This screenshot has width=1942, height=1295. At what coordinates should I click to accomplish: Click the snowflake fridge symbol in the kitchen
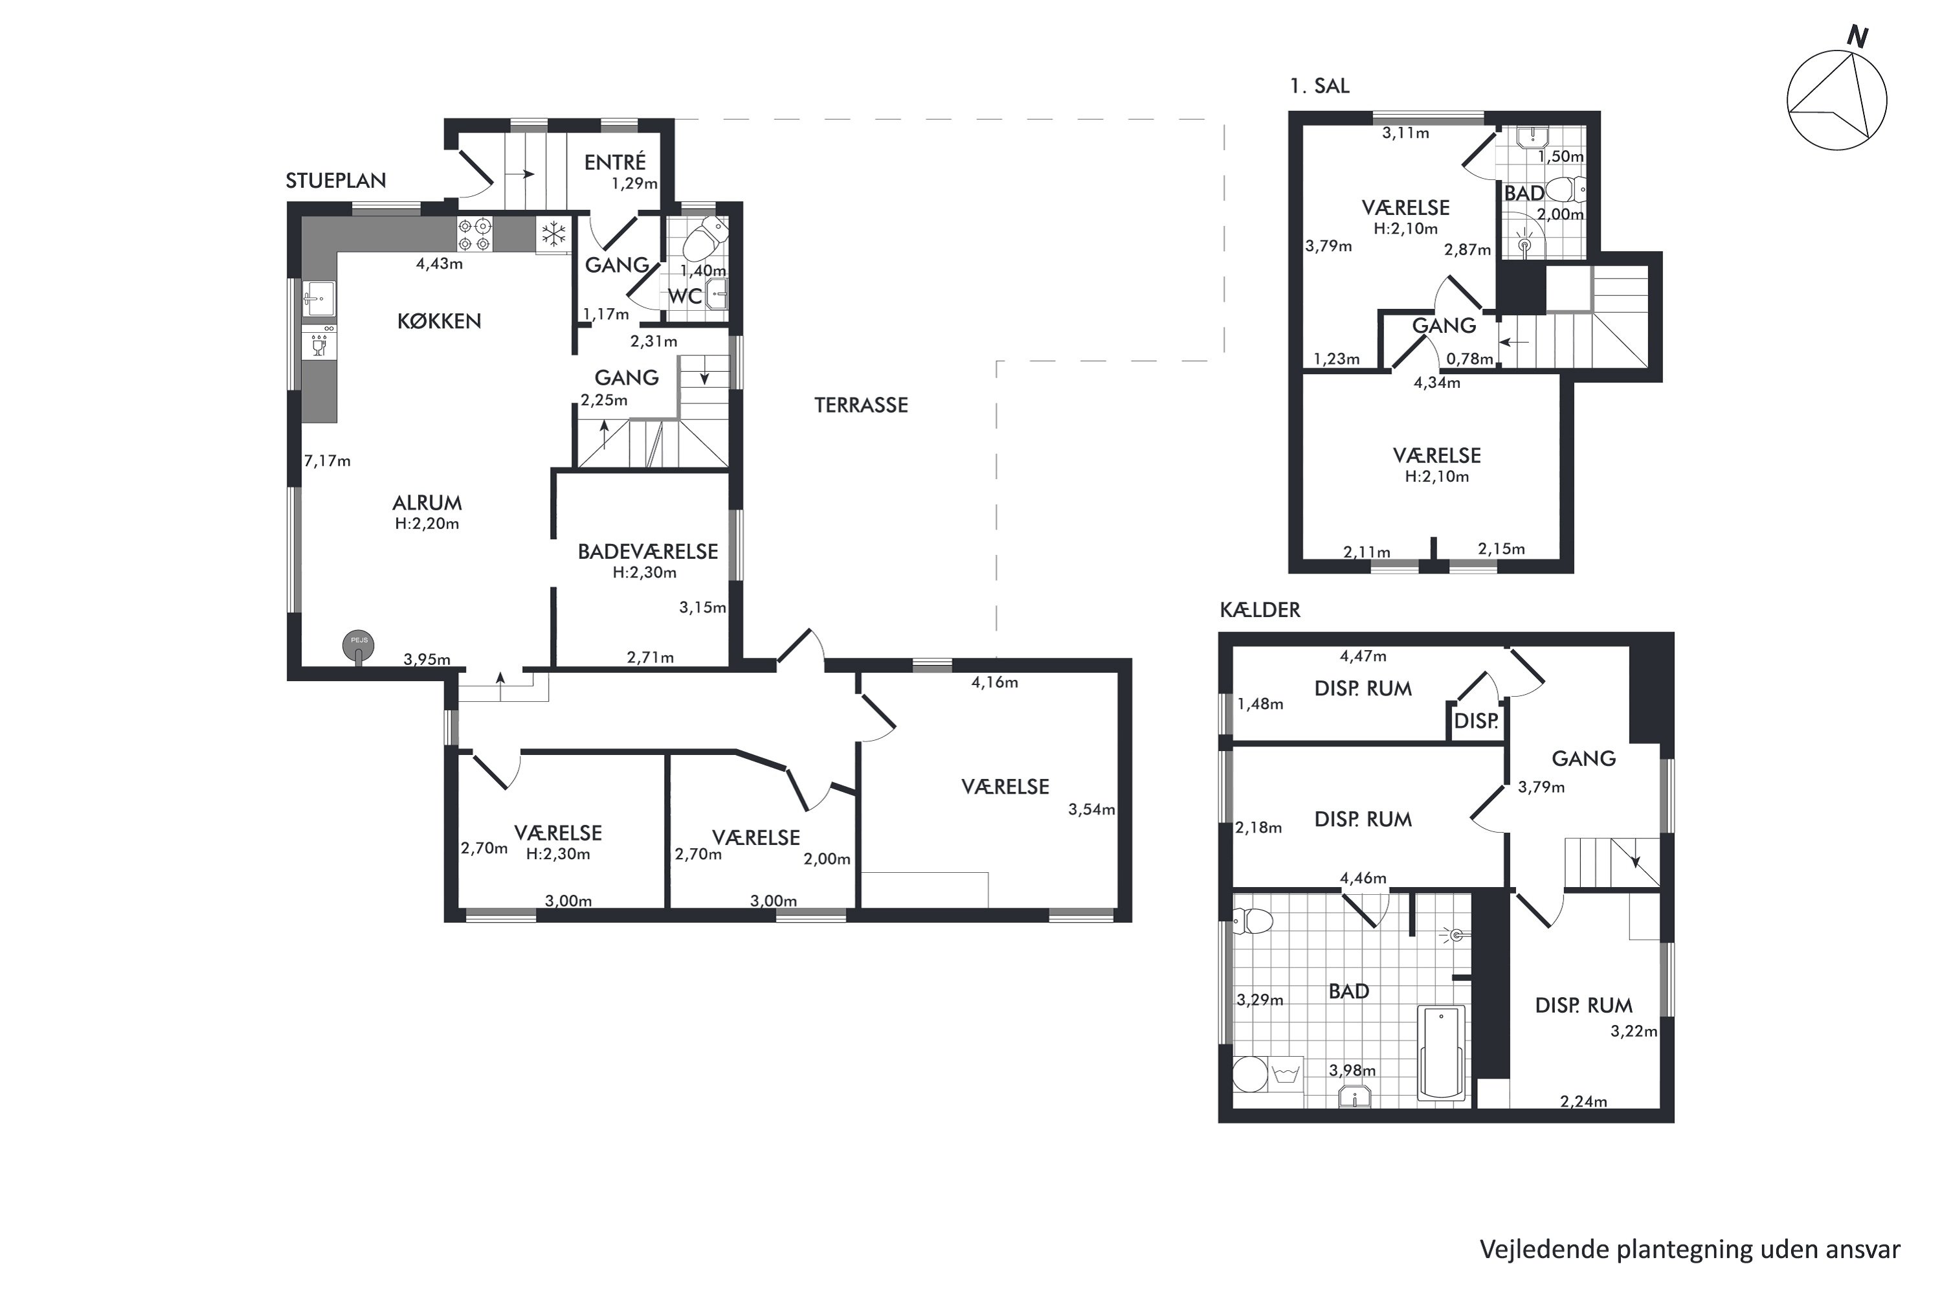[553, 234]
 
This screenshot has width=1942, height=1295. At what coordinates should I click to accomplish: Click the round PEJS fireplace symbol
[359, 647]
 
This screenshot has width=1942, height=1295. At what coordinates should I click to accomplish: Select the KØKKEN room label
[440, 321]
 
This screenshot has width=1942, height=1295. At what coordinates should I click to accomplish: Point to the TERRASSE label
[861, 405]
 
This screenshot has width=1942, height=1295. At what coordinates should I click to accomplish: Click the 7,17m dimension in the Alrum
[327, 461]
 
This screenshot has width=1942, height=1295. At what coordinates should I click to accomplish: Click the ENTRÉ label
[615, 162]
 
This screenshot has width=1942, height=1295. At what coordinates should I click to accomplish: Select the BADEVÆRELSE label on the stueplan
[648, 552]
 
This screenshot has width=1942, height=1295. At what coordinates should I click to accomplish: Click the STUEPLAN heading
[336, 181]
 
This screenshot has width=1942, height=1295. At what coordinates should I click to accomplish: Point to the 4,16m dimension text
[994, 682]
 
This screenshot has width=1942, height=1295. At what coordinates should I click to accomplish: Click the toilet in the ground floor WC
[702, 240]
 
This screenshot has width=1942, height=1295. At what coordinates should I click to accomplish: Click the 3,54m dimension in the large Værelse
[1091, 809]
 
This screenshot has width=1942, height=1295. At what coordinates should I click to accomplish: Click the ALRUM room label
[427, 503]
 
